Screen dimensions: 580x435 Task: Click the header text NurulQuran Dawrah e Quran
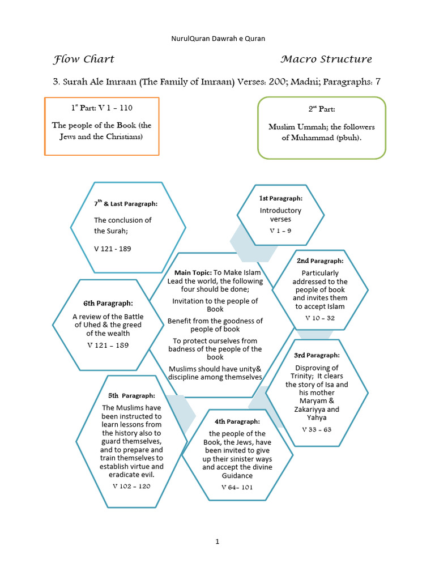click(218, 39)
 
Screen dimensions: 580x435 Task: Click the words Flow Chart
click(84, 59)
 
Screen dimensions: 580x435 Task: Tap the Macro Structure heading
click(326, 59)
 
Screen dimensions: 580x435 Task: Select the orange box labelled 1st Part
click(102, 126)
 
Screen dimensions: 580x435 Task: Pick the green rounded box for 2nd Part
click(322, 127)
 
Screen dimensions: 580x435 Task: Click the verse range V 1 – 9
click(280, 231)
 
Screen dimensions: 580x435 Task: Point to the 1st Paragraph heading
click(281, 198)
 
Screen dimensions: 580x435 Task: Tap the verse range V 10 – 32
click(320, 318)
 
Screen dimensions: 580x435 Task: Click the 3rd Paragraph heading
click(317, 355)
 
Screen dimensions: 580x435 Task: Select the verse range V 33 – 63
click(317, 429)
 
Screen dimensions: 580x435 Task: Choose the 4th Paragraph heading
click(237, 421)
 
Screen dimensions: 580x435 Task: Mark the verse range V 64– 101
click(237, 487)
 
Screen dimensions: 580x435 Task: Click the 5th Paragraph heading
click(131, 395)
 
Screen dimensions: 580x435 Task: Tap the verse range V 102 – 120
click(131, 486)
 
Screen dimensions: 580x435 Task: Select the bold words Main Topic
click(193, 273)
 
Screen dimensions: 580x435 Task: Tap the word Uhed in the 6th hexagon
click(110, 325)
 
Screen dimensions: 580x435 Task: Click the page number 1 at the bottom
click(217, 541)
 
